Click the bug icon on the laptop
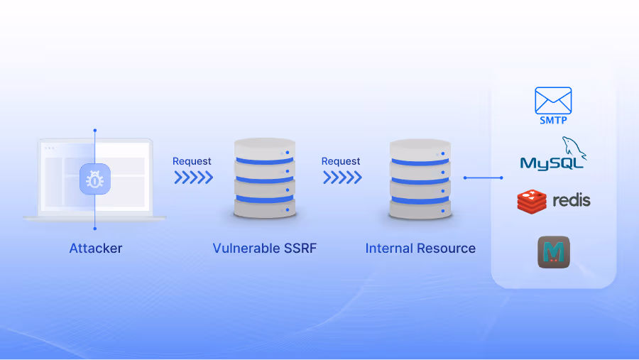94,180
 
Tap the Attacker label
96,249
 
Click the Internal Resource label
420,249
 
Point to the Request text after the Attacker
192,161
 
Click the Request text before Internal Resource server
341,161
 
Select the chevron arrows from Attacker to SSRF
193,178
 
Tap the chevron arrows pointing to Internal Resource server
342,178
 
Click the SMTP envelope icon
553,100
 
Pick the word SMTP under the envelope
553,120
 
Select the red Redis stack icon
531,202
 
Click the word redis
572,200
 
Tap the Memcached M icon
554,252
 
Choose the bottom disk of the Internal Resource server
420,208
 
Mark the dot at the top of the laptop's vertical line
94,131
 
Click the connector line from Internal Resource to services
483,178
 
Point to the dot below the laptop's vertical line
94,229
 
